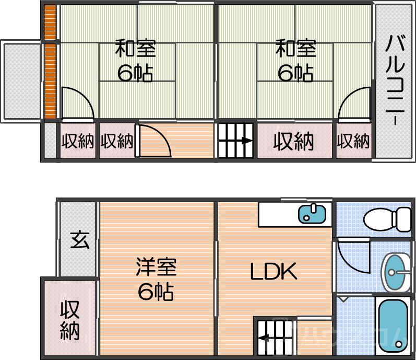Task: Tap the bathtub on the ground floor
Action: (x=391, y=325)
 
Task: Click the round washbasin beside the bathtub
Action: (x=396, y=271)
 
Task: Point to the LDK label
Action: (x=273, y=272)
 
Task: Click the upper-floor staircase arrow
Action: (x=235, y=140)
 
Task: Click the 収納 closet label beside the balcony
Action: (x=353, y=141)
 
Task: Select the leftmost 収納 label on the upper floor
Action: (x=77, y=141)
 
